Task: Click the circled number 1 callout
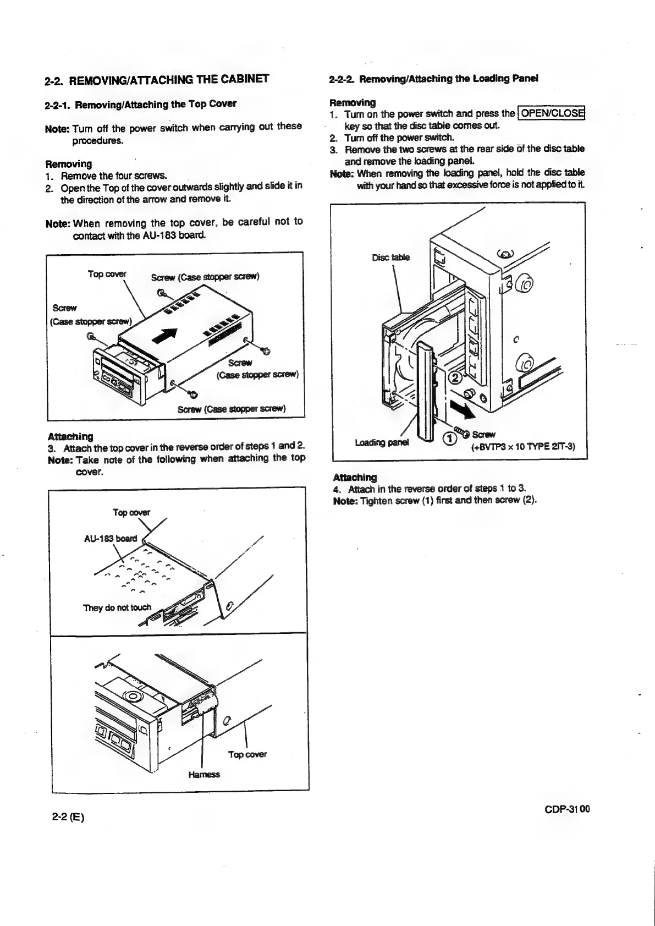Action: coord(449,439)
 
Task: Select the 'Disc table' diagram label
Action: coord(391,257)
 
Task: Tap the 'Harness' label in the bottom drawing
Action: coord(204,774)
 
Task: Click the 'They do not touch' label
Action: coord(117,607)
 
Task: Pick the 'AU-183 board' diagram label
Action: coord(110,538)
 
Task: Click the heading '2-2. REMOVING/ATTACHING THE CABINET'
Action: coord(157,81)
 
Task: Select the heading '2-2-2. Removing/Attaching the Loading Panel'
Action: coord(433,78)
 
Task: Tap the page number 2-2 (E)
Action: coord(68,817)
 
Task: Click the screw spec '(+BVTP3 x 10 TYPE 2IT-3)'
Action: coord(523,446)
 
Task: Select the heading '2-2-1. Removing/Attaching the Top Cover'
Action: coord(141,104)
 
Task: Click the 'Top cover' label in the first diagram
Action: coord(107,274)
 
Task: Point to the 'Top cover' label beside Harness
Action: coord(247,754)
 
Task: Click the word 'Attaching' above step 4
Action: coord(355,477)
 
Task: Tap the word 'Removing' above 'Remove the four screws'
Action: coord(69,163)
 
